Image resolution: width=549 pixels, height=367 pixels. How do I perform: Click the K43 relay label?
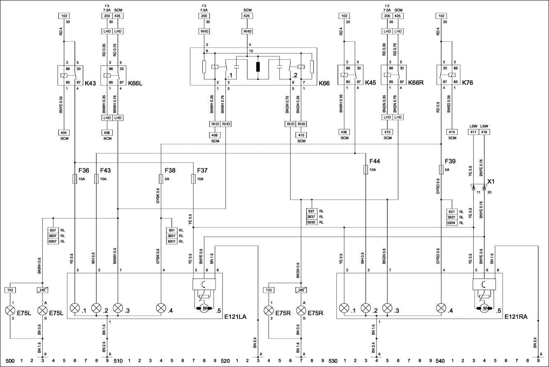point(90,83)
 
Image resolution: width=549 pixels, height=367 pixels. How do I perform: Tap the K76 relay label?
point(468,83)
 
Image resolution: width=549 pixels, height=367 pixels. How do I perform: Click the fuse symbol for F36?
point(74,179)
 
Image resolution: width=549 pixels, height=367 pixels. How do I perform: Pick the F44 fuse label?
point(375,161)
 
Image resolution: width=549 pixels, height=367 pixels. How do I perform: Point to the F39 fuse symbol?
point(441,169)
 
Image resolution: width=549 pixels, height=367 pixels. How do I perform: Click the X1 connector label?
point(491,181)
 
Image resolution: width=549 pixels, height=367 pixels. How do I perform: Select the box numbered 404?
point(64,132)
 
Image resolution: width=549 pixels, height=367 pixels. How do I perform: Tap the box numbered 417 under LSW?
point(474,132)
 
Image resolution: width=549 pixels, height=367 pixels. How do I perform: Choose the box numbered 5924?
point(452,223)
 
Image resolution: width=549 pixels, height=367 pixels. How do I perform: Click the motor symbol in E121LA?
point(204,308)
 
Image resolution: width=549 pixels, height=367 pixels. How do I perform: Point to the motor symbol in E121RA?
point(484,308)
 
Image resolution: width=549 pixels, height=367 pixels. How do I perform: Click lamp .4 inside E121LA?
point(161,308)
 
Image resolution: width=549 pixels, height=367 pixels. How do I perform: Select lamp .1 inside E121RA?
point(344,308)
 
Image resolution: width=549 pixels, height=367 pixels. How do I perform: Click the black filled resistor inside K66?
point(258,67)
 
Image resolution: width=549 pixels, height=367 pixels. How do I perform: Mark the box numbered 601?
point(171,230)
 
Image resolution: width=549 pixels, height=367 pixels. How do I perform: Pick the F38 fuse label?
point(170,170)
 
